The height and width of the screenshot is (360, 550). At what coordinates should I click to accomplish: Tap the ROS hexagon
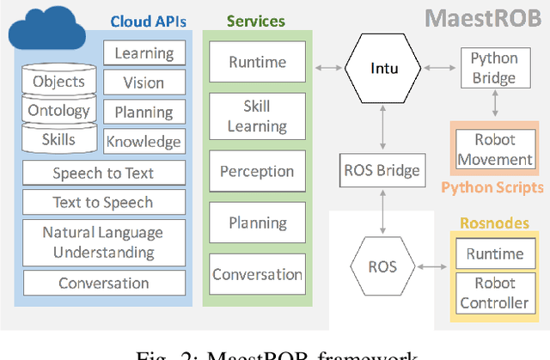pos(382,266)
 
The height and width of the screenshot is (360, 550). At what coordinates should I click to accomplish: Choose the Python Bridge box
pos(493,67)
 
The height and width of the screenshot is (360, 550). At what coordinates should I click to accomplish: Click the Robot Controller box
pos(494,293)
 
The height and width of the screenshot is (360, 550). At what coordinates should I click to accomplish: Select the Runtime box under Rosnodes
pos(494,253)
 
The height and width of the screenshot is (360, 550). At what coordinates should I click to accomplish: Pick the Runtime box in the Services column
pos(257,62)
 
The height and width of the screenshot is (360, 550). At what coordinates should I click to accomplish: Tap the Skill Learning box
pos(257,116)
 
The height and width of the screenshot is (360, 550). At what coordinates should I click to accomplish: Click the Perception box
pos(257,170)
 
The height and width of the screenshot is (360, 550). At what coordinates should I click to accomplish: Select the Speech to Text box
pos(103,173)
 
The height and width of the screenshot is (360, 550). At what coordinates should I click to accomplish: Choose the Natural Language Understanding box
pos(103,242)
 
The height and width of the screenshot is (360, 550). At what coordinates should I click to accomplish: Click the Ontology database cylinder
pos(58,110)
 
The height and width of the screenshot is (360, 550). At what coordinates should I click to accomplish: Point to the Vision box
pos(143,82)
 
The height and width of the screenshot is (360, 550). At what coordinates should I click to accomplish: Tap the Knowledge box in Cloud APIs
pos(143,142)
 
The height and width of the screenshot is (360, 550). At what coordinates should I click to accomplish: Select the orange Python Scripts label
pos(492,186)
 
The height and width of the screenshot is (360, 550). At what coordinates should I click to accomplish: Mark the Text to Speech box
pos(103,203)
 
